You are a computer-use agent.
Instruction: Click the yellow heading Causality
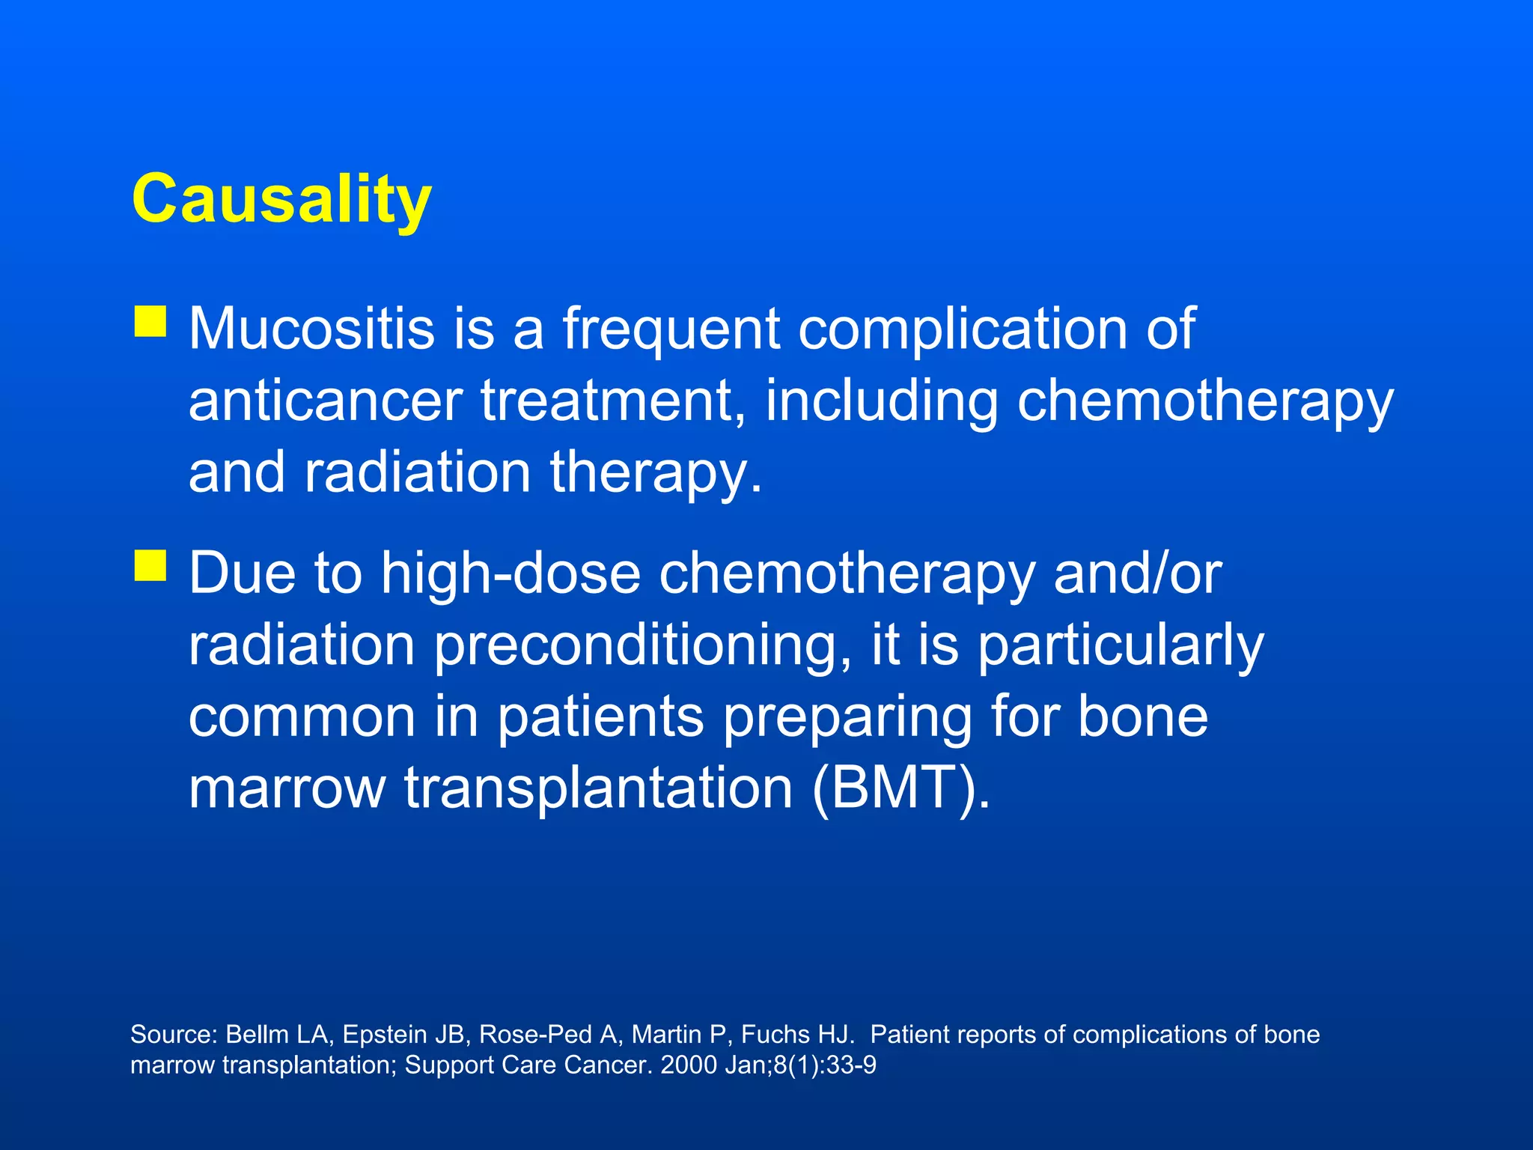click(281, 198)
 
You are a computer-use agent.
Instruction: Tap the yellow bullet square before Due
click(150, 565)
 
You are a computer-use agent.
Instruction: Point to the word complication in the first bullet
click(963, 329)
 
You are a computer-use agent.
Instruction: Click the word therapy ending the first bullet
click(656, 473)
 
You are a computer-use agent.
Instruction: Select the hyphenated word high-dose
click(511, 573)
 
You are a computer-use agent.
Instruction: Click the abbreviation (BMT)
click(900, 788)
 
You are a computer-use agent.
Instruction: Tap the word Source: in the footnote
click(174, 1035)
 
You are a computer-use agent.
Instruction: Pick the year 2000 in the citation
click(689, 1065)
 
